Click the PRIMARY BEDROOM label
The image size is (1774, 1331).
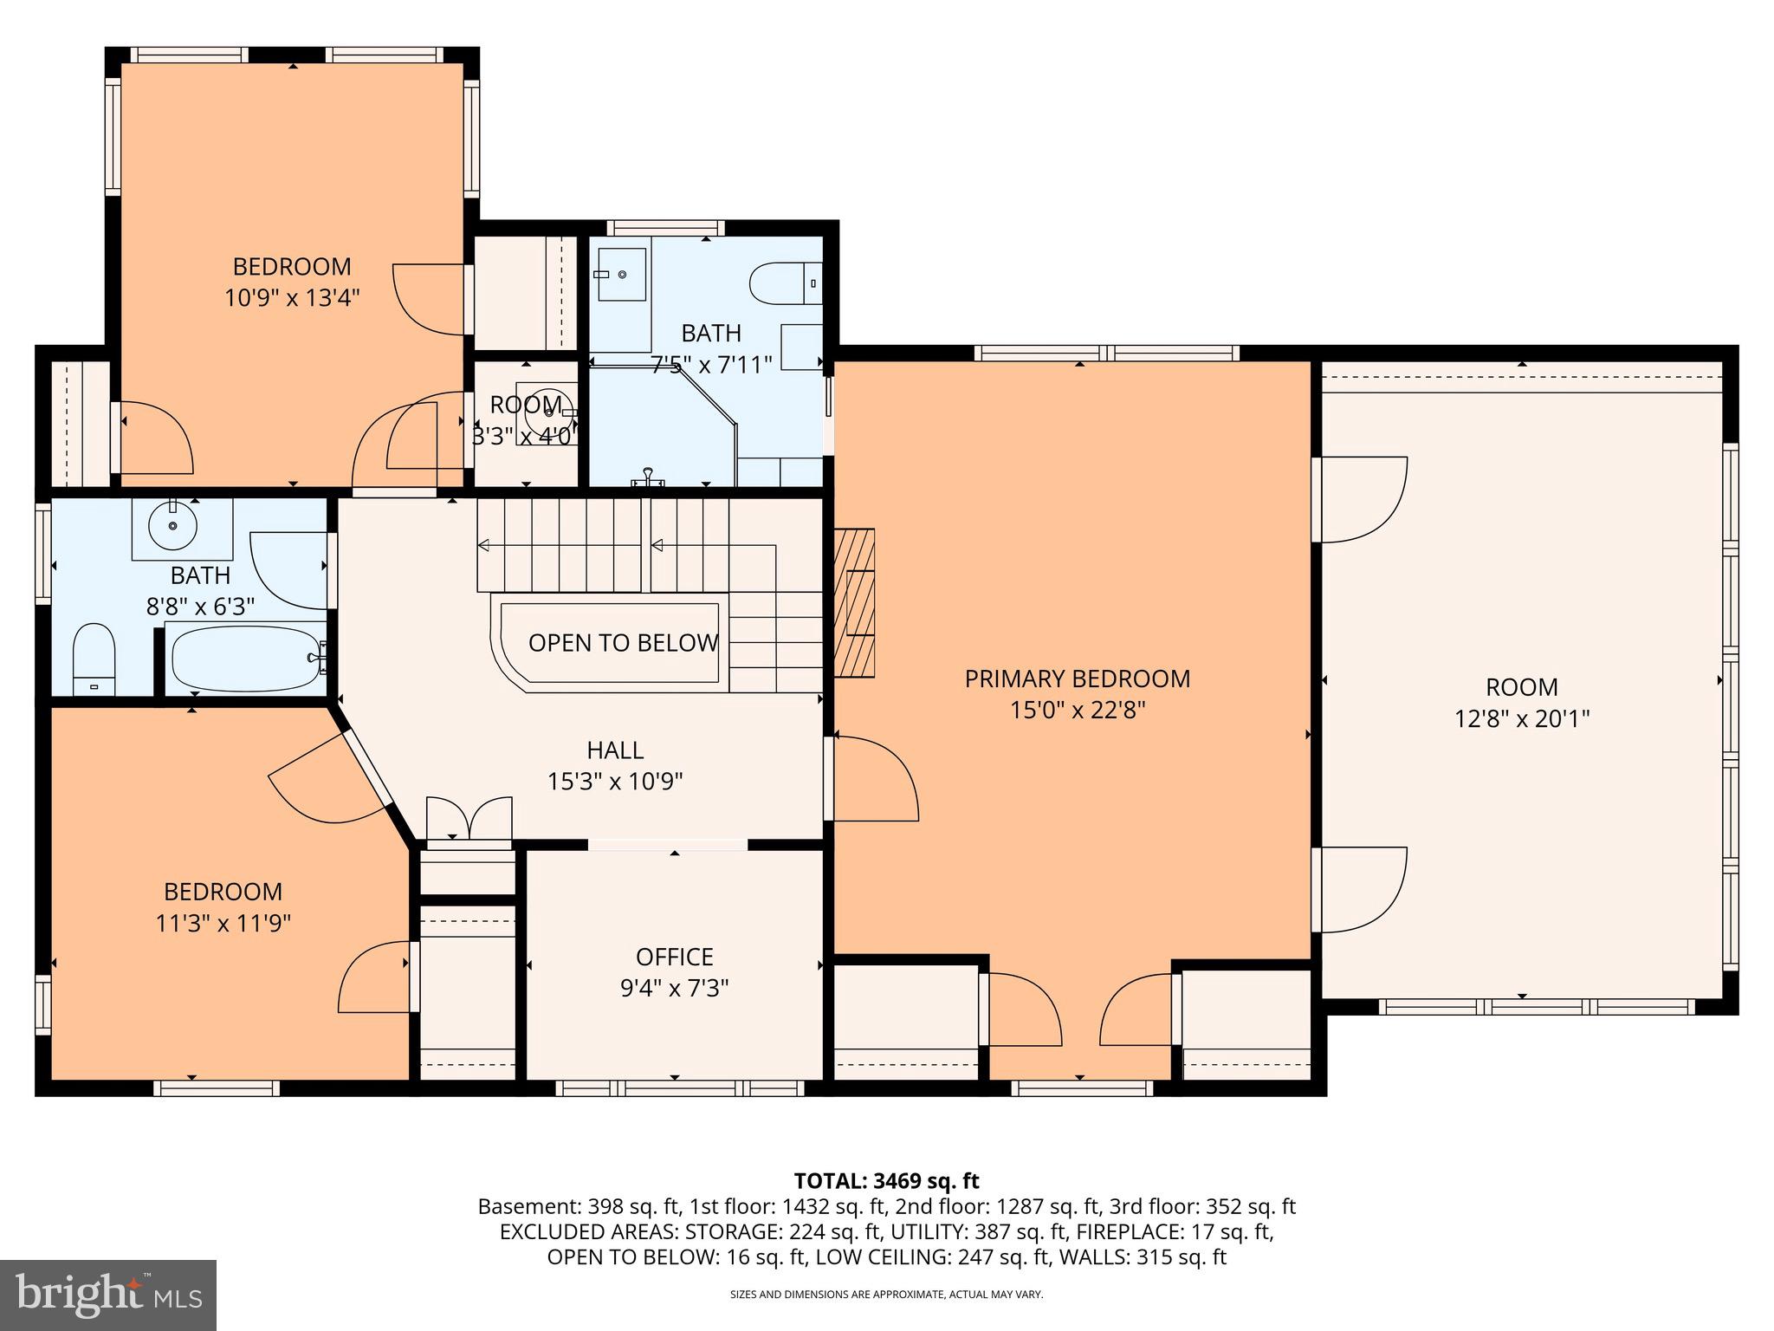(1078, 678)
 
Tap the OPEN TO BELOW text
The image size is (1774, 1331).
(623, 643)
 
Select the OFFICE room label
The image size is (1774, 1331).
(675, 957)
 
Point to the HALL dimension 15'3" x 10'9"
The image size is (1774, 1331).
(615, 782)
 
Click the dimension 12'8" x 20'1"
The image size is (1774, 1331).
(1522, 718)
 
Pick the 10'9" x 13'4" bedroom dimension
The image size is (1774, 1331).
(292, 298)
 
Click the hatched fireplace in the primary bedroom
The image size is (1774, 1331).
(854, 603)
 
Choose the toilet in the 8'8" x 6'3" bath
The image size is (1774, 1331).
(94, 659)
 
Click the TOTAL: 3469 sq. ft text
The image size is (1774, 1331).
(886, 1181)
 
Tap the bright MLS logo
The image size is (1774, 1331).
(108, 1295)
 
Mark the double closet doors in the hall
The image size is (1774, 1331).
(469, 820)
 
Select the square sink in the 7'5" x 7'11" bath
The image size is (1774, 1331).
(622, 274)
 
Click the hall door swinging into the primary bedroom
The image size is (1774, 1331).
(873, 778)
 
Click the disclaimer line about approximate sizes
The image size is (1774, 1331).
(886, 1295)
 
